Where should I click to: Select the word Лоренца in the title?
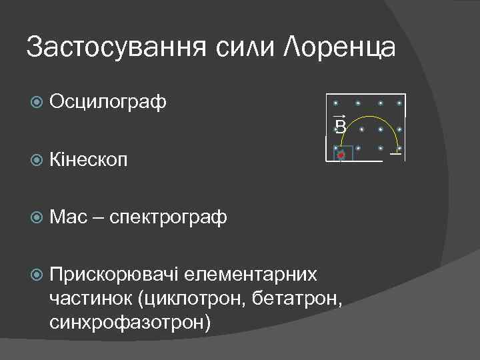[338, 48]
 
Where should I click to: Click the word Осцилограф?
[107, 102]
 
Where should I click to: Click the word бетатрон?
[298, 299]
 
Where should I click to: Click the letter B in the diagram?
[340, 127]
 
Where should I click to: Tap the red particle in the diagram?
[341, 155]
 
